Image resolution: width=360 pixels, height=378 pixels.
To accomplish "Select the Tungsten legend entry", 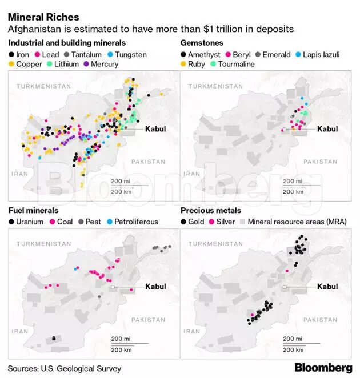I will click(x=127, y=55).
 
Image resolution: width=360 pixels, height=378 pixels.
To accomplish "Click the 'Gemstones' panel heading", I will click(x=201, y=43).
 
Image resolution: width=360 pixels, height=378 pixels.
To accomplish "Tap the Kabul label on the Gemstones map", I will click(x=327, y=129).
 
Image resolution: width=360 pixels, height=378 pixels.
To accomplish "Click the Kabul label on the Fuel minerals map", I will click(x=155, y=287).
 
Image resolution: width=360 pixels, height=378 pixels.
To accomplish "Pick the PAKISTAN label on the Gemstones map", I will click(x=320, y=162).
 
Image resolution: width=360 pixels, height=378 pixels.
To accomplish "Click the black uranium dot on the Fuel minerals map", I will click(x=54, y=339).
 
